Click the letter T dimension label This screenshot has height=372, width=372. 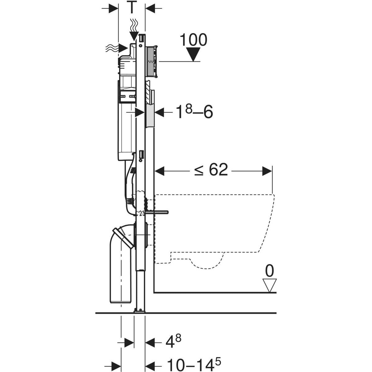tap(132, 8)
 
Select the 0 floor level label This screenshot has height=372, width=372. tap(270, 271)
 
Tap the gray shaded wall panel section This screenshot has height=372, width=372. tap(150, 115)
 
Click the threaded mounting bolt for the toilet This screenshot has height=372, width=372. tap(157, 212)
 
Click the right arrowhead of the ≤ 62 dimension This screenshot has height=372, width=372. tap(267, 171)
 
